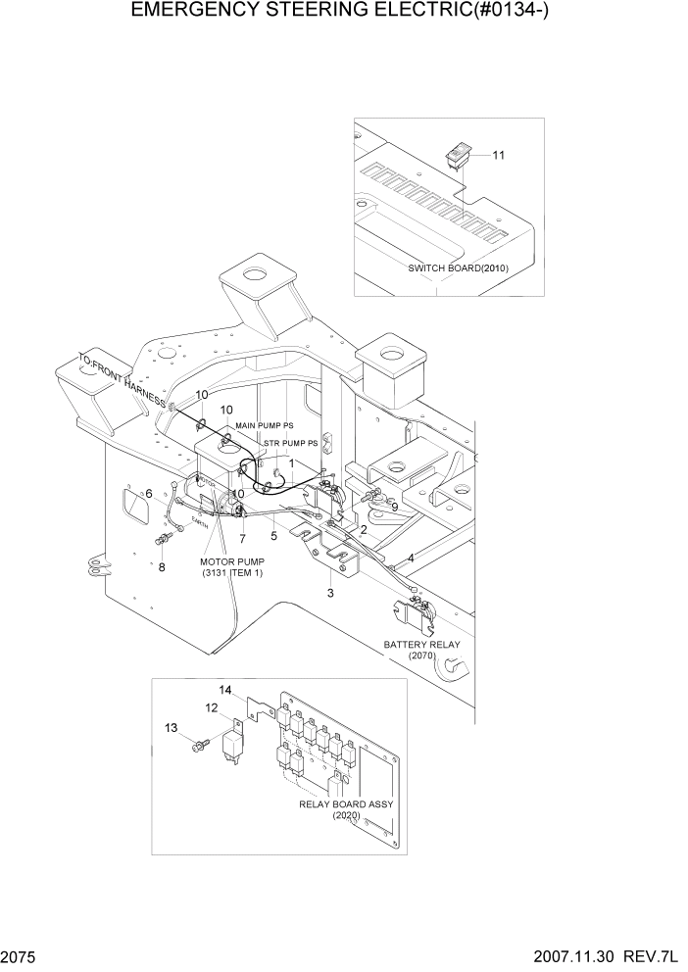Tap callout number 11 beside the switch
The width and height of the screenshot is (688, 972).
(498, 156)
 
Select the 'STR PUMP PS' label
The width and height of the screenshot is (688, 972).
(291, 443)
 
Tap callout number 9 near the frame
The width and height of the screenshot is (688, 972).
(394, 507)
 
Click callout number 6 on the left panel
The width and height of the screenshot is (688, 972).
(149, 494)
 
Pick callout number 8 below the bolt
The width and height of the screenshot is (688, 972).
(162, 566)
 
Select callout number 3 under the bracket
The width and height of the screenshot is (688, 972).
(330, 594)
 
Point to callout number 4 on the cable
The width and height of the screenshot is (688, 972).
(410, 558)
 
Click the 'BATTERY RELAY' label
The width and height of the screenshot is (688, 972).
(421, 645)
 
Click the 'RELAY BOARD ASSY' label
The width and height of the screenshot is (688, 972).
(347, 803)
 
